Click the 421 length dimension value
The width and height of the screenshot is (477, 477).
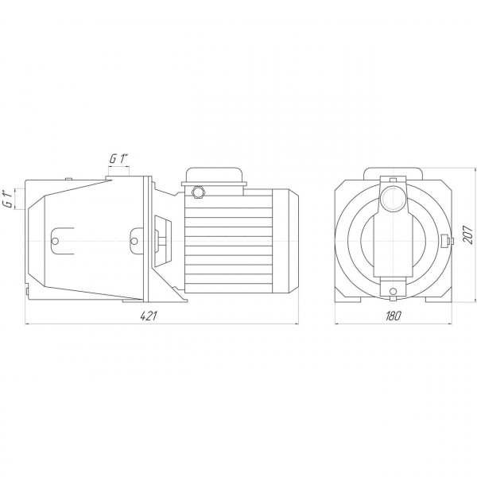148,316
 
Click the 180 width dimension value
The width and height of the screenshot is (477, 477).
393,316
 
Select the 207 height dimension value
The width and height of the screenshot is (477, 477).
467,234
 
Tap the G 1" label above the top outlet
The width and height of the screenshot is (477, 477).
119,159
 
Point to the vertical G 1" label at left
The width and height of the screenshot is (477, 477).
10,199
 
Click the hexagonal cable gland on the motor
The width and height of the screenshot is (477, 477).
199,192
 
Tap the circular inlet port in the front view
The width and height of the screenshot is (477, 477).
393,200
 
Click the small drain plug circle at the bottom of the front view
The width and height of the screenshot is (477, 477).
393,292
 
